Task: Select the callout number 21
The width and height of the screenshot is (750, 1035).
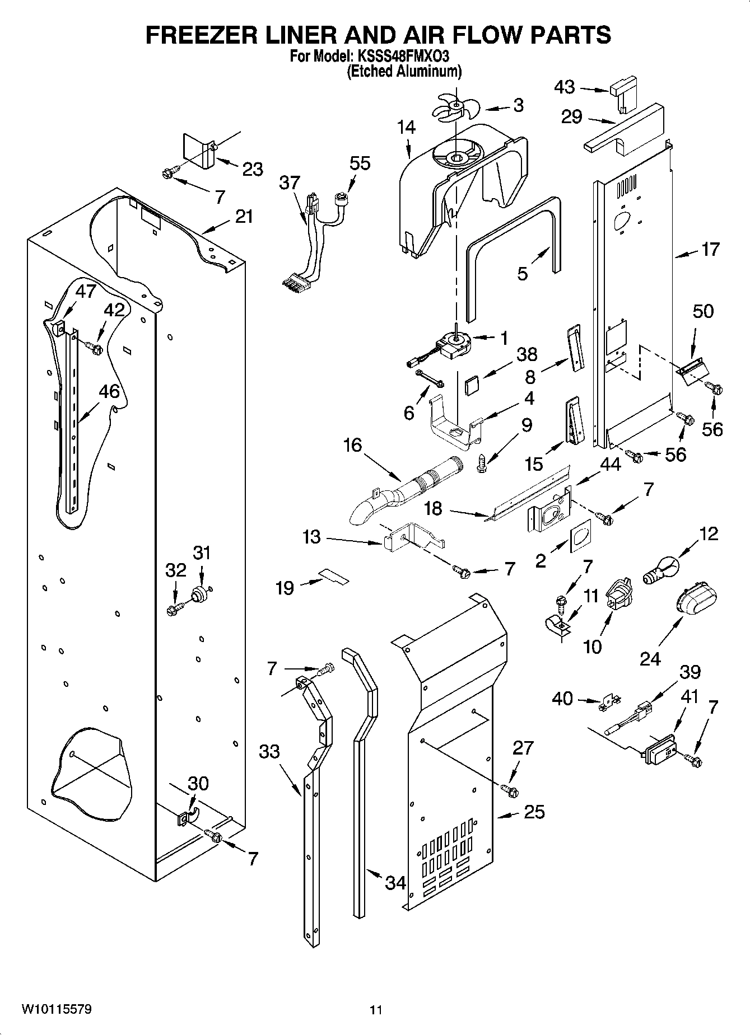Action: [x=243, y=217]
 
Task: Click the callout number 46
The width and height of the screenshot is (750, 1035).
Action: [x=109, y=391]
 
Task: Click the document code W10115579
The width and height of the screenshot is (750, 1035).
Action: [x=57, y=1009]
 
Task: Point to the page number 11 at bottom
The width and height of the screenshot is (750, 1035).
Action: [x=376, y=1010]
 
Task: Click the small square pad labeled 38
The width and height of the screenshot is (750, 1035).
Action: [x=473, y=384]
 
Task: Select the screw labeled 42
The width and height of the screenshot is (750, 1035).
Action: [x=94, y=349]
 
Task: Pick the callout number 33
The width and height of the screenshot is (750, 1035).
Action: [x=269, y=751]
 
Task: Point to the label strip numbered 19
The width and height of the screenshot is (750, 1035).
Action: [x=334, y=576]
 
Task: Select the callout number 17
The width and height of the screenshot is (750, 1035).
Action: [x=710, y=250]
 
